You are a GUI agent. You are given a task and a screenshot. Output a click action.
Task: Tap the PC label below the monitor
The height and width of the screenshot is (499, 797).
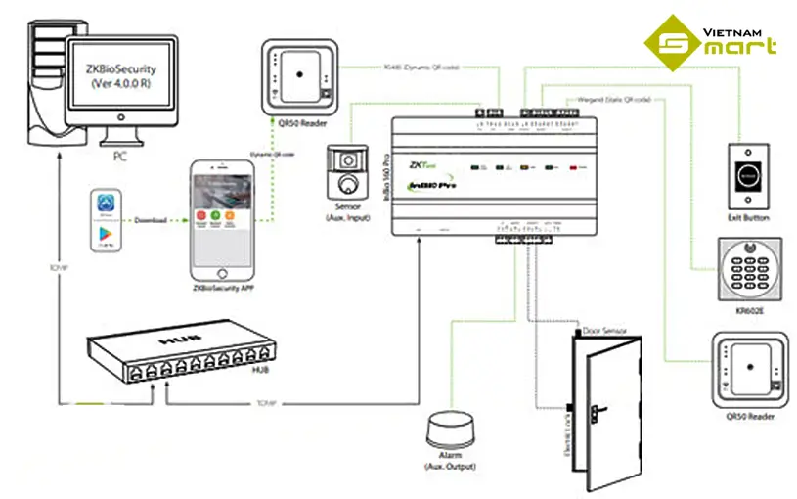tap(120, 155)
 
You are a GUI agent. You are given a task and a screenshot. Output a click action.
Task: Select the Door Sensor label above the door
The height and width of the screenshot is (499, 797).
tap(603, 331)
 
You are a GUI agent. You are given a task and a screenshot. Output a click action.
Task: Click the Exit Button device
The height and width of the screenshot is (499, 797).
tap(749, 175)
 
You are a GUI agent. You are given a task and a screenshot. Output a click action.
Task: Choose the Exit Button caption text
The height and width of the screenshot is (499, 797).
tap(749, 218)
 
